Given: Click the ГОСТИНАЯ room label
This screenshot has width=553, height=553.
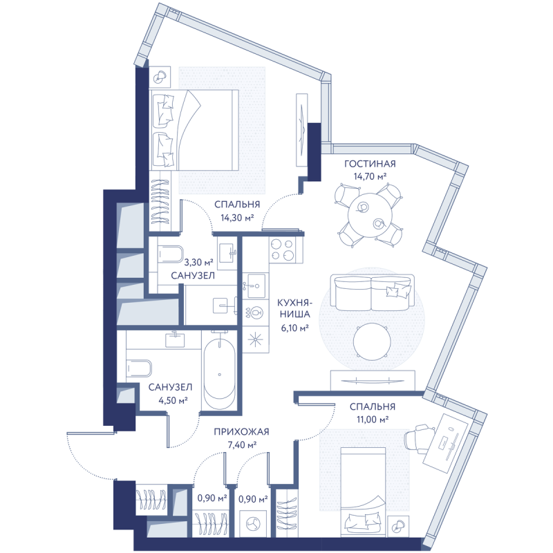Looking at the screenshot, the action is [370, 164].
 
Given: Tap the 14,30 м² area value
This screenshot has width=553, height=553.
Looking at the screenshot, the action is [237, 218].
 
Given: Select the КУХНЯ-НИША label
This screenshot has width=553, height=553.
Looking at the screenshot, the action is [293, 308].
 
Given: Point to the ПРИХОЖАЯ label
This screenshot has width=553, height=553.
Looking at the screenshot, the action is [241, 431].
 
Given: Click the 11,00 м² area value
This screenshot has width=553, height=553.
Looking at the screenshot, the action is [372, 420].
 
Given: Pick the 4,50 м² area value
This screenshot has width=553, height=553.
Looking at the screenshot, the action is [173, 400].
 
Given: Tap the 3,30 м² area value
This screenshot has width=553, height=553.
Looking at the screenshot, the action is [198, 262].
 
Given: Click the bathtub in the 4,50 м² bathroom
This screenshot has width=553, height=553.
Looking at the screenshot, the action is [219, 371].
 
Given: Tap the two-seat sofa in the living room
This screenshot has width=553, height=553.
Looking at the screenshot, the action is [372, 292].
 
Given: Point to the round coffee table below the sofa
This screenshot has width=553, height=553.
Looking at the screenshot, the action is [372, 341].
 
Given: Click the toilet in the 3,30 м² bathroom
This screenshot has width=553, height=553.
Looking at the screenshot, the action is [170, 254].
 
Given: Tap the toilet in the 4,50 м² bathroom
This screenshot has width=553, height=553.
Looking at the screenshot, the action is [139, 368].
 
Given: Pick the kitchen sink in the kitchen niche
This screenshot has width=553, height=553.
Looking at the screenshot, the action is [256, 285].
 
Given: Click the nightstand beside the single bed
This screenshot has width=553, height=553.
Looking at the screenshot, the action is [398, 527].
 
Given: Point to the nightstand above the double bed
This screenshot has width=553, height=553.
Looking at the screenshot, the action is [160, 76].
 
